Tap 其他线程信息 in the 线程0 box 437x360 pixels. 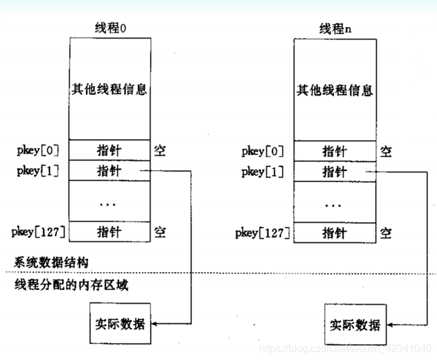click(x=109, y=89)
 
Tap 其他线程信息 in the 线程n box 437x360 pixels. click(x=335, y=89)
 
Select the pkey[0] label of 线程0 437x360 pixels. click(x=38, y=151)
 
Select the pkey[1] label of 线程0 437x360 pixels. click(x=38, y=170)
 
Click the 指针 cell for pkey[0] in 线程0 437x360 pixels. click(x=109, y=151)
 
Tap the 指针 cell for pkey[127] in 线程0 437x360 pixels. click(x=109, y=232)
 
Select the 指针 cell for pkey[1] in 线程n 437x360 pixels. click(x=335, y=170)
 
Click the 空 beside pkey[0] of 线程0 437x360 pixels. click(x=160, y=151)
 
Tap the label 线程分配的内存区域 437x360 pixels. click(x=71, y=285)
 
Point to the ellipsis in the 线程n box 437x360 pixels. click(x=335, y=204)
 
